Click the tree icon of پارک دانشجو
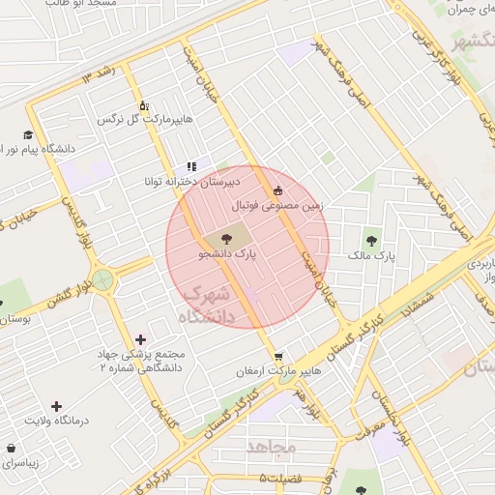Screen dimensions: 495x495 (x=225, y=237)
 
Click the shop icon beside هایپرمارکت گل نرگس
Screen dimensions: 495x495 (x=143, y=105)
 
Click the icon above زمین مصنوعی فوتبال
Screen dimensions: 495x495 (x=279, y=190)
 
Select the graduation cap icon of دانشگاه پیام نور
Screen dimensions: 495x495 (x=28, y=134)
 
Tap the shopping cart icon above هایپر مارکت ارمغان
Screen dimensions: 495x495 (x=277, y=356)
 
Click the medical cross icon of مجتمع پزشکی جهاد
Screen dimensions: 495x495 (x=141, y=339)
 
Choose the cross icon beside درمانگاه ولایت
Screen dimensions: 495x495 (x=56, y=406)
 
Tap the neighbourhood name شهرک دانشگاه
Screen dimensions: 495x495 (x=207, y=304)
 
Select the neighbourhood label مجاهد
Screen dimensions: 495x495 (x=271, y=447)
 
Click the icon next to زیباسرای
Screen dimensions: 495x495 (x=11, y=450)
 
